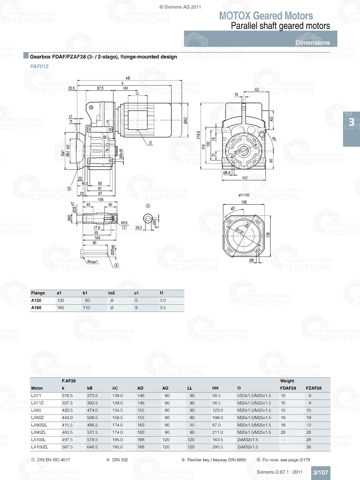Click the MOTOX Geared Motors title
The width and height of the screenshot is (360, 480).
click(266, 16)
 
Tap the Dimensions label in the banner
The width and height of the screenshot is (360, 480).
click(312, 42)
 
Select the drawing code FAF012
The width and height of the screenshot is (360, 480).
click(39, 66)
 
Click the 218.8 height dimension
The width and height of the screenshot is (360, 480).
click(198, 135)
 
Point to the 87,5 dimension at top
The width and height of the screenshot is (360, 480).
click(100, 88)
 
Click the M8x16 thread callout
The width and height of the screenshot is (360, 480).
click(121, 154)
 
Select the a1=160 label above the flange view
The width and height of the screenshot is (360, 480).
click(244, 195)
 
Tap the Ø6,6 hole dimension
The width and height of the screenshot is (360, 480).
click(227, 173)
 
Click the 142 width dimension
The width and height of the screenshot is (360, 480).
click(245, 178)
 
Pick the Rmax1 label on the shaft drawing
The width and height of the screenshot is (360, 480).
click(93, 262)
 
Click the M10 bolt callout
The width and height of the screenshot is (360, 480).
click(124, 223)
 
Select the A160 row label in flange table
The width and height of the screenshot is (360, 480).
click(36, 308)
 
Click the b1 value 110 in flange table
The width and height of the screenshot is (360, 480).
click(86, 308)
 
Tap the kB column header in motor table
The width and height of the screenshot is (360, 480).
click(90, 388)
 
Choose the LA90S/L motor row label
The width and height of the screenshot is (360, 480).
click(39, 425)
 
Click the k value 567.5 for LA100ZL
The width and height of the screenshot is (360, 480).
click(67, 447)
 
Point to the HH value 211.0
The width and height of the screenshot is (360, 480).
click(217, 432)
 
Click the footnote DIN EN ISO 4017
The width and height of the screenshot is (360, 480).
click(53, 460)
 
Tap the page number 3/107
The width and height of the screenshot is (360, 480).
click(320, 472)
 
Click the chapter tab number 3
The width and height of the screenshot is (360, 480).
click(351, 122)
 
